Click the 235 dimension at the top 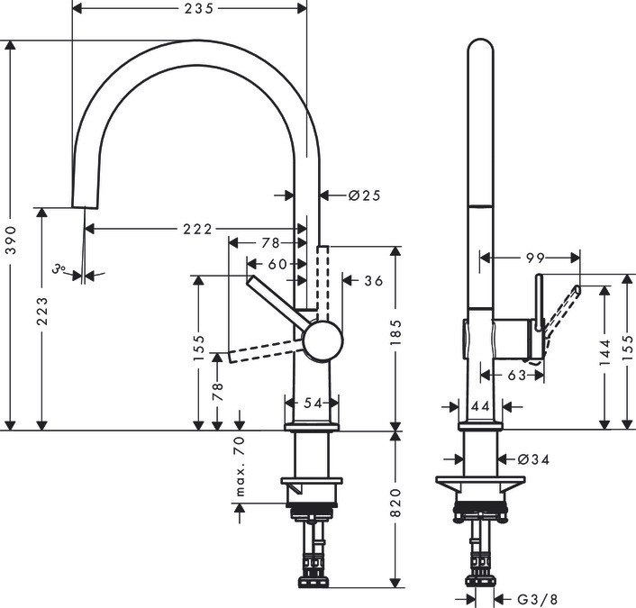tap(190, 9)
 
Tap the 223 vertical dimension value tap(42, 313)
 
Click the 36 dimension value tap(373, 281)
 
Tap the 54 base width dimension tap(312, 404)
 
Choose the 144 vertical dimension tap(603, 350)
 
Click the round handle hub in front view tap(322, 341)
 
